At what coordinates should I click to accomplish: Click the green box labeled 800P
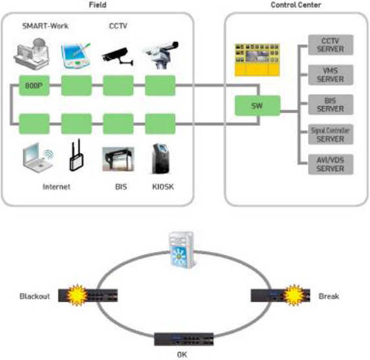point(34,85)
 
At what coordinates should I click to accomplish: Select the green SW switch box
point(257,106)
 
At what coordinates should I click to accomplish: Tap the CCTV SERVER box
point(330,45)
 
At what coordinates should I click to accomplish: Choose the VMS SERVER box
point(330,75)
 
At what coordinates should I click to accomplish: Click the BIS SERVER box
point(330,105)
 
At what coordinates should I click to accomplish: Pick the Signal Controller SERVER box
point(330,135)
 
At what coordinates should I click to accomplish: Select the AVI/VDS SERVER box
point(330,164)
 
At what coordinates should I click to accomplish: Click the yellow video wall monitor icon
point(257,60)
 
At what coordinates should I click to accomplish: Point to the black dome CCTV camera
point(117,56)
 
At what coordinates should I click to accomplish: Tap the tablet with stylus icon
point(76,56)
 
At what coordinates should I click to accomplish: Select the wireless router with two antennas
point(76,155)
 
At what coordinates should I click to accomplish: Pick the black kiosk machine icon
point(161,159)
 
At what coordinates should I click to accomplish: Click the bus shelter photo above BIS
point(118,159)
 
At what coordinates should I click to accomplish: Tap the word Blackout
point(35,296)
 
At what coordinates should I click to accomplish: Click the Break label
point(329,296)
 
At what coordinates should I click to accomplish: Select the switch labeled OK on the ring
point(184,339)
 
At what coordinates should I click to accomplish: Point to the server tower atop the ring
point(181,250)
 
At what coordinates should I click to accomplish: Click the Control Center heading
point(295,5)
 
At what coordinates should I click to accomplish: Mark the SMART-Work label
point(45,26)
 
